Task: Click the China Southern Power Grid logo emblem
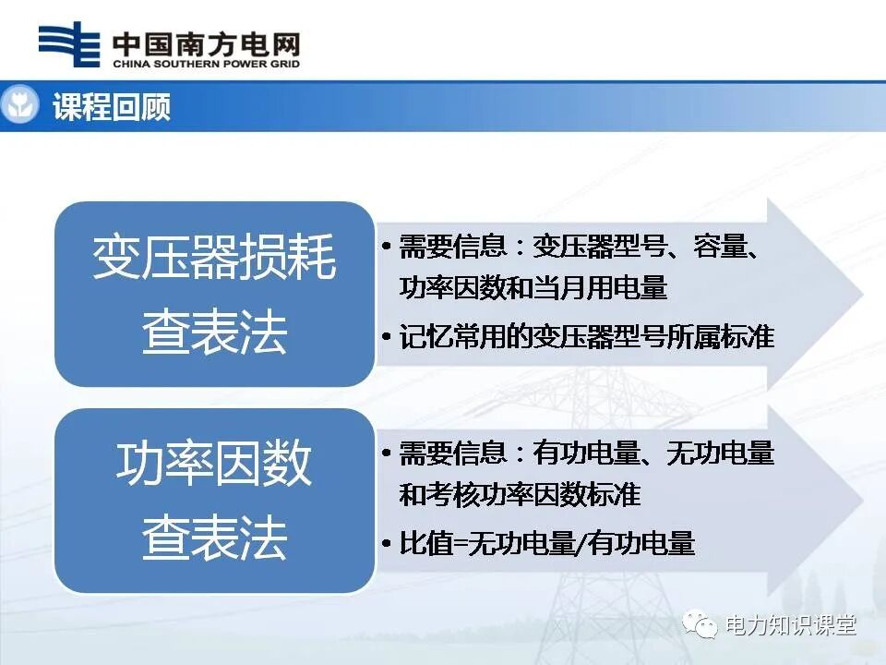[68, 43]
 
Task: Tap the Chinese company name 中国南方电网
[205, 42]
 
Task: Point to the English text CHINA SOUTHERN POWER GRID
[205, 65]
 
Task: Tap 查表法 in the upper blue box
[214, 333]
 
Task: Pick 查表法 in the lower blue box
[214, 538]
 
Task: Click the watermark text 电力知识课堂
[791, 625]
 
